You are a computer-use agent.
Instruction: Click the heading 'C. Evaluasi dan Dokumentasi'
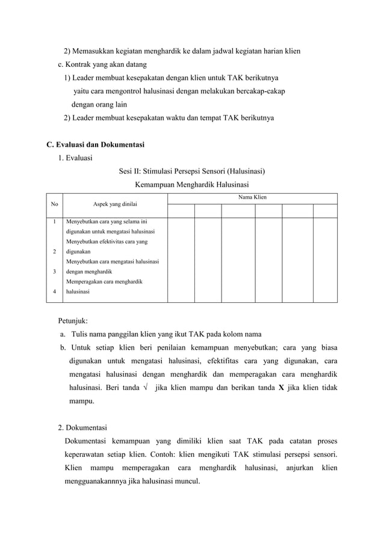[x=95, y=144]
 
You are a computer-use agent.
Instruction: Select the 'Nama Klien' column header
[x=252, y=197]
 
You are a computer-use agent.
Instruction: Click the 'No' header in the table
[x=55, y=205]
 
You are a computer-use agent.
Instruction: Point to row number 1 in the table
[x=55, y=221]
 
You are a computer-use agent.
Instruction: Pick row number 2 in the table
[x=55, y=252]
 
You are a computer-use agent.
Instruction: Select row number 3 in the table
[x=55, y=271]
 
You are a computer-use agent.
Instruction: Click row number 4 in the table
[x=55, y=292]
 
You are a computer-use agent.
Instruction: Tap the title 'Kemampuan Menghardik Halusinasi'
[x=192, y=185]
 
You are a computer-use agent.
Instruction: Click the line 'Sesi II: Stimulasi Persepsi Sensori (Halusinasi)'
[x=192, y=172]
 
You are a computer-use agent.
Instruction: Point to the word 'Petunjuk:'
[x=73, y=321]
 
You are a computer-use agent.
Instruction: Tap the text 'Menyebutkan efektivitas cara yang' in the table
[x=107, y=241]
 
